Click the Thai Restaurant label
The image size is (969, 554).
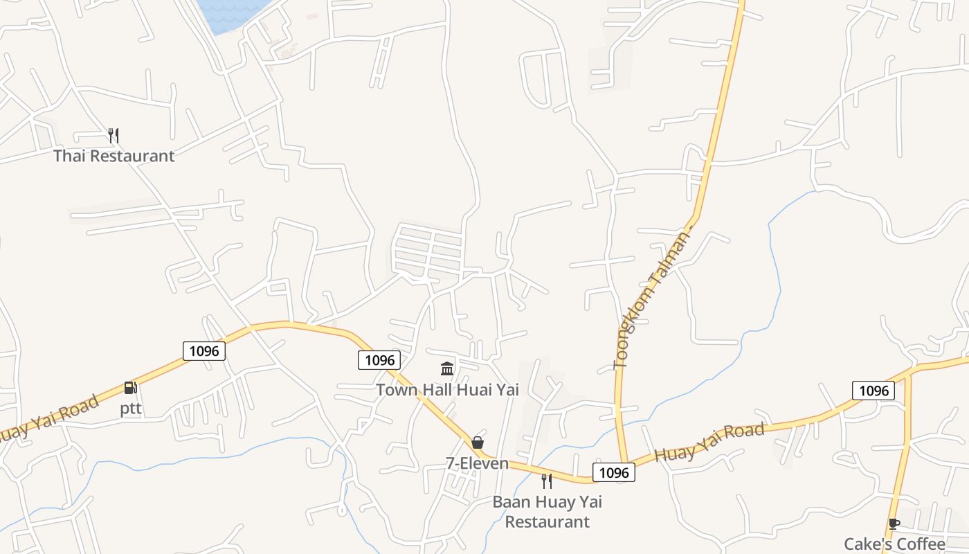(x=114, y=156)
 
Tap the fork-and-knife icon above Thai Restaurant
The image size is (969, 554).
(x=114, y=135)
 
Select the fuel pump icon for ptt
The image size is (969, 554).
(x=131, y=388)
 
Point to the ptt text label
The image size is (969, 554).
(x=131, y=409)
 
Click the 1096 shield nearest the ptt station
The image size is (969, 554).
(x=204, y=351)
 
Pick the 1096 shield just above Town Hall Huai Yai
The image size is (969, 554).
(x=379, y=360)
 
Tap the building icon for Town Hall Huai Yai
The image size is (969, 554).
(x=447, y=368)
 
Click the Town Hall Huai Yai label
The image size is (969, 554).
(x=447, y=390)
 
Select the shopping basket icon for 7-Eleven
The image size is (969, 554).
(x=478, y=443)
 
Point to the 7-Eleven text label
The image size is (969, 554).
(x=478, y=463)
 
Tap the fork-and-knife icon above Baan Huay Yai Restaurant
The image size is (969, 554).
(x=547, y=481)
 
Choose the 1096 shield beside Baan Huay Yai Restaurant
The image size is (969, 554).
(x=613, y=472)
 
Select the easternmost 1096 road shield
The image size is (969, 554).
(x=873, y=391)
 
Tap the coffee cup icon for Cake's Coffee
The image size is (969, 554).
(x=894, y=524)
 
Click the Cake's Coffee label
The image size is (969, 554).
(x=894, y=544)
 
